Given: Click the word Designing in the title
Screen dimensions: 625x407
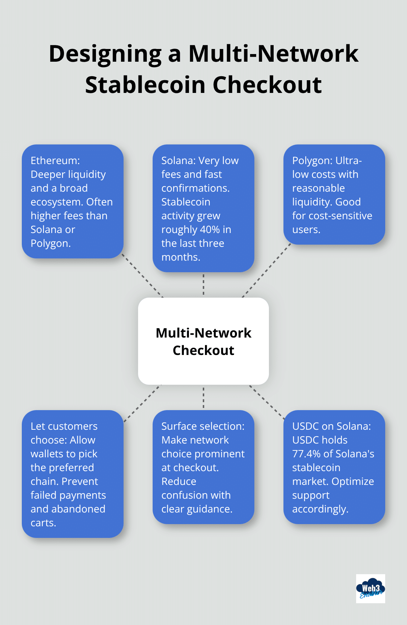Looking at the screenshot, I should [x=105, y=54].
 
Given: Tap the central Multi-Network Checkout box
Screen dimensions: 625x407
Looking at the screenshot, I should [x=203, y=341].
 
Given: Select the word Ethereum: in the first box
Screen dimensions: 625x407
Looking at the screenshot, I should [x=55, y=160].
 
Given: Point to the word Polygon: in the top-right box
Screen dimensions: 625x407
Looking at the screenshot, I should [x=312, y=160].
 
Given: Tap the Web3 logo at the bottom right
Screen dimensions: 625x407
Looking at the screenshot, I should [x=370, y=588].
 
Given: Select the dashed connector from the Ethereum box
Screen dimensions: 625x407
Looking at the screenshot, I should [x=142, y=276].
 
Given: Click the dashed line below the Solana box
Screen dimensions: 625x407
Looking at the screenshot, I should [x=203, y=285].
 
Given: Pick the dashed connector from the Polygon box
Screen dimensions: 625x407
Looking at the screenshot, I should [x=266, y=271].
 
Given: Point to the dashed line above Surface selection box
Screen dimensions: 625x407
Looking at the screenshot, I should [x=203, y=397].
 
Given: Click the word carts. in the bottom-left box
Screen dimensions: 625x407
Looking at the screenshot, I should [x=43, y=523].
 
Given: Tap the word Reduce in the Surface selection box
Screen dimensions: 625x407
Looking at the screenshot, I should [x=179, y=481].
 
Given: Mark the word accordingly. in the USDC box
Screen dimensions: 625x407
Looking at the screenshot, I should [x=320, y=509].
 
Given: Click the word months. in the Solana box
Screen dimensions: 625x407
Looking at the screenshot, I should [x=181, y=257].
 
